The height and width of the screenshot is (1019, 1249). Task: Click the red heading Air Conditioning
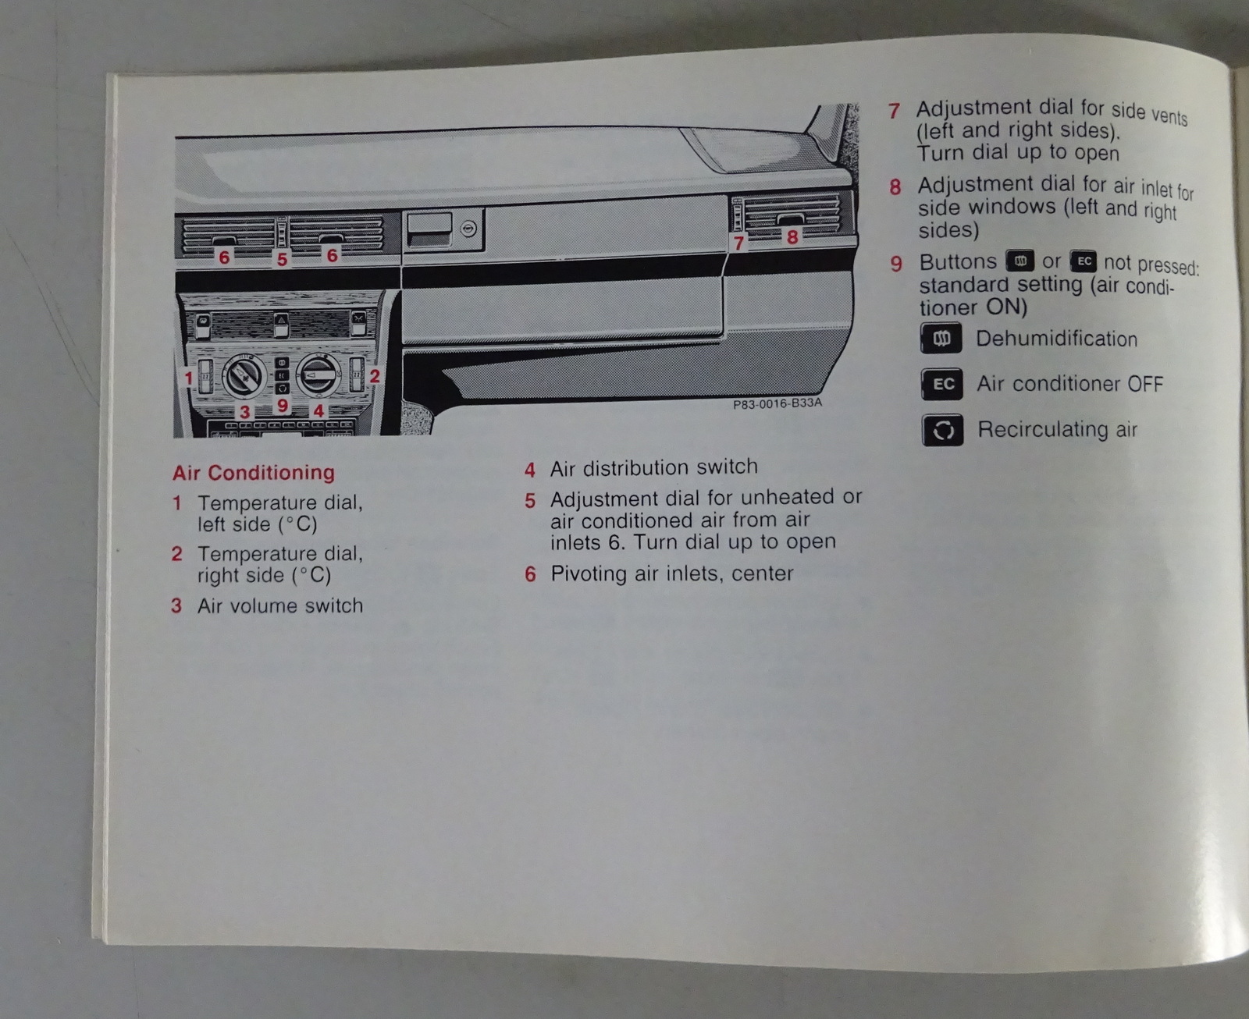254,473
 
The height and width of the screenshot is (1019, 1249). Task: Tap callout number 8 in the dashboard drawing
792,236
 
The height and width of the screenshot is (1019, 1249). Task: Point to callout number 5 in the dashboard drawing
282,259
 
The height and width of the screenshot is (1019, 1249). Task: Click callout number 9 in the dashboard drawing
283,406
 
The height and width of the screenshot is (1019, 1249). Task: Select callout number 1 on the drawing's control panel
188,378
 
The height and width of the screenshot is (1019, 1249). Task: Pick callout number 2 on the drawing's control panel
375,376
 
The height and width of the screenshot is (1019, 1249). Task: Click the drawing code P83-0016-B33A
777,404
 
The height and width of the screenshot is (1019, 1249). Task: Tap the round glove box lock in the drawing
468,229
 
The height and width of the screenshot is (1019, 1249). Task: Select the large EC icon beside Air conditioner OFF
942,384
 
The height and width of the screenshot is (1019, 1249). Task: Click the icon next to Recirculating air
943,430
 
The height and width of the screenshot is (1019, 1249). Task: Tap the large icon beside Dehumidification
941,339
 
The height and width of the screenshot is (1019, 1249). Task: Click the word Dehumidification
1056,339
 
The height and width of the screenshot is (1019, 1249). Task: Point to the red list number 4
529,470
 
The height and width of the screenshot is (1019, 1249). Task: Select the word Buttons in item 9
958,262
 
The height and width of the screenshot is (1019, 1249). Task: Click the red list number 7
894,111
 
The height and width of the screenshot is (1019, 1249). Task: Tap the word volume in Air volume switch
264,606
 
